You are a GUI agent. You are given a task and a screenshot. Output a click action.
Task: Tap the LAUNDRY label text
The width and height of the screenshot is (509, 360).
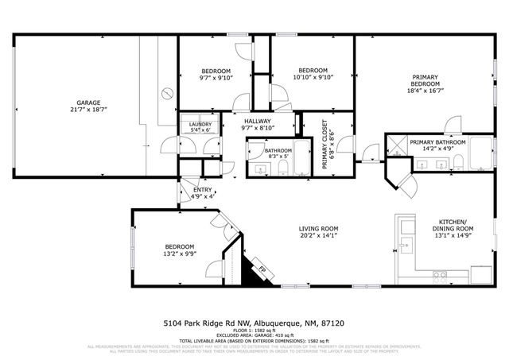tap(200, 125)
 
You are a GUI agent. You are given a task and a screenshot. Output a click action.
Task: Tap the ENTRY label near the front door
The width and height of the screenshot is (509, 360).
tap(203, 190)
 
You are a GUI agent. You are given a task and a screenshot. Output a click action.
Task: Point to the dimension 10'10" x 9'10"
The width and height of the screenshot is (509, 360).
tap(313, 77)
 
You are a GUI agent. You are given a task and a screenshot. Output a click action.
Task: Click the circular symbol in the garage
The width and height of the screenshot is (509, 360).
tap(167, 93)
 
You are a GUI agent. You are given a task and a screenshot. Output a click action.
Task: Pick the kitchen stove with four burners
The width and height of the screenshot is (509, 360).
tap(440, 276)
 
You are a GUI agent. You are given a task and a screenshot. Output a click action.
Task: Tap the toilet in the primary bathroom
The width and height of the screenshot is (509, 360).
tap(458, 163)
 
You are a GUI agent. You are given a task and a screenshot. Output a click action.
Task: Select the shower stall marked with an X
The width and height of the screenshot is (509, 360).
tap(394, 145)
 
